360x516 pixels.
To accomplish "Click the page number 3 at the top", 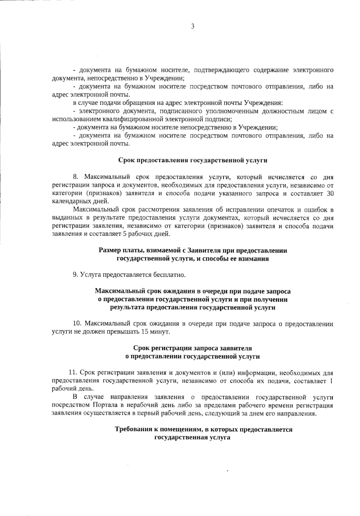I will click(x=193, y=26).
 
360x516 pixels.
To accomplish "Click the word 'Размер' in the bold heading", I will click(x=109, y=250).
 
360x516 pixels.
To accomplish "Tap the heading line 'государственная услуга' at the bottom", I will click(x=192, y=438).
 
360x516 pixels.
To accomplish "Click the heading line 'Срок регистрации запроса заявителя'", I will click(x=192, y=348).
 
